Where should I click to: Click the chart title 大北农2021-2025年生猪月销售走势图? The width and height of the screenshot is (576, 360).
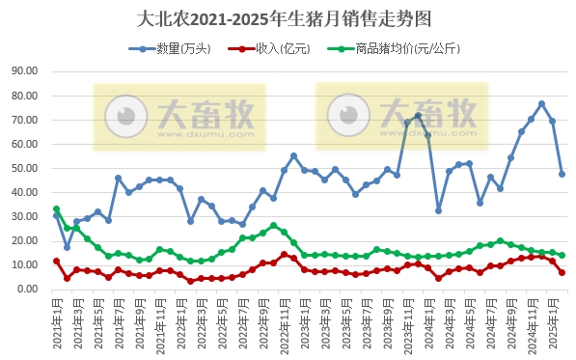(288, 18)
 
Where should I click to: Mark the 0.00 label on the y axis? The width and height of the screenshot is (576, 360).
(25, 289)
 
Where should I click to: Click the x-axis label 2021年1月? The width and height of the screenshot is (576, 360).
(56, 323)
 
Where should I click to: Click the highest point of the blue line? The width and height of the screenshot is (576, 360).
(541, 104)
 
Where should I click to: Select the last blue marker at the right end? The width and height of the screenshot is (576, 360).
(562, 174)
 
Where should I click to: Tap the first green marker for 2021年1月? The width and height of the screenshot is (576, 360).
(56, 208)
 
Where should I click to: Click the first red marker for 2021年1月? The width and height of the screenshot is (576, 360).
(56, 261)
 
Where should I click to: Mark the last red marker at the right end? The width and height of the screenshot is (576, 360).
(562, 272)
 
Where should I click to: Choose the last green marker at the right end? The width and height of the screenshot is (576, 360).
(562, 256)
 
